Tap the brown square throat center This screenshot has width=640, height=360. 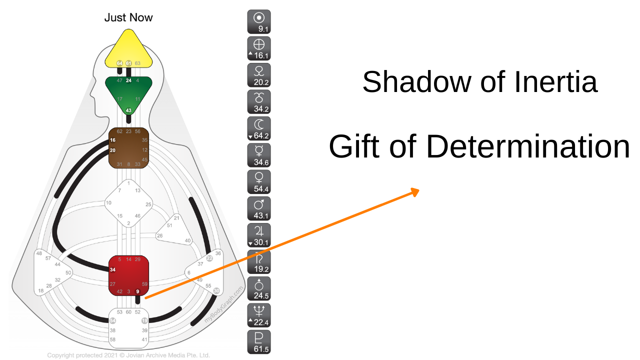click(129, 148)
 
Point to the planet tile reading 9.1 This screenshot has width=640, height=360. click(259, 22)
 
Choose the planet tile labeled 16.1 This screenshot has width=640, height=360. click(259, 48)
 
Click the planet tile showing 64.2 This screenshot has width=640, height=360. click(259, 128)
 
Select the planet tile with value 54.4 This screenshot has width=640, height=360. click(259, 182)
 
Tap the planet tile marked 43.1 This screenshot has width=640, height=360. click(259, 208)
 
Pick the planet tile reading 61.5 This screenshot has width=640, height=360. click(259, 342)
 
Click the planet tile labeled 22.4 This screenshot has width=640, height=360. click(259, 315)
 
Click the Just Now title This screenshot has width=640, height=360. click(128, 17)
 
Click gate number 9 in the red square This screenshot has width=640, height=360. click(137, 291)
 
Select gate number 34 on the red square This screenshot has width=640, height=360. click(113, 270)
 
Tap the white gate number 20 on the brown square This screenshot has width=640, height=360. click(113, 150)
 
